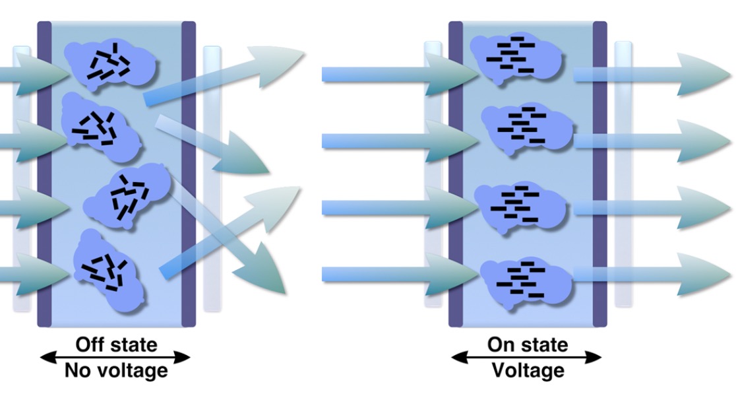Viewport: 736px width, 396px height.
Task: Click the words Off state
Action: pos(116,344)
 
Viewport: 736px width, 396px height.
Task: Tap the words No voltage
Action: pos(116,370)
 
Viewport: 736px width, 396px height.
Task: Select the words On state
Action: pos(527,344)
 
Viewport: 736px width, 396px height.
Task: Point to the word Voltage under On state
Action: pos(528,370)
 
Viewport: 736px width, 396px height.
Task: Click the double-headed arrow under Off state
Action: pos(115,358)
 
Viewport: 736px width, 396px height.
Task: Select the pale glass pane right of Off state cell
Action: pos(212,178)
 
